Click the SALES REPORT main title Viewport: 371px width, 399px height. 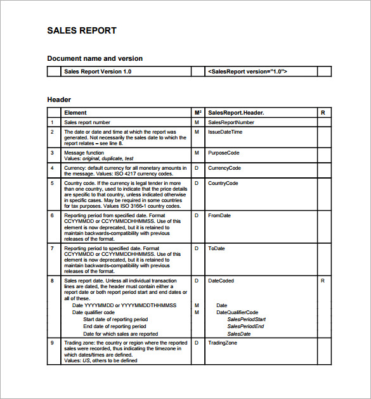[x=82, y=30]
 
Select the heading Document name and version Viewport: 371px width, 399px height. [x=94, y=58]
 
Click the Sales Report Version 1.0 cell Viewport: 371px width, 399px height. [x=98, y=72]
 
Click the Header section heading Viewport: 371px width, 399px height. [x=59, y=99]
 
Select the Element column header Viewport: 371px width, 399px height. [x=75, y=113]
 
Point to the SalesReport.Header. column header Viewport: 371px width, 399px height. [x=236, y=113]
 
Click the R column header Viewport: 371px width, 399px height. [x=323, y=113]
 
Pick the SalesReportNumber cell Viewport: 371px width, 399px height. [x=231, y=122]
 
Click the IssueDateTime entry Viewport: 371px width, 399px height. [x=225, y=132]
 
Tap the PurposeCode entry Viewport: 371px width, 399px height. [x=223, y=153]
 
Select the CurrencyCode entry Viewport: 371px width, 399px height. [x=225, y=168]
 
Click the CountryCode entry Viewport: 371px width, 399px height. [x=223, y=183]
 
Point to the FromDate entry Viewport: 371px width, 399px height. [x=219, y=215]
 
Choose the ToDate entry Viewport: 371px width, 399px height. [x=216, y=248]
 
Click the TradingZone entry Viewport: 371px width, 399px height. [x=222, y=343]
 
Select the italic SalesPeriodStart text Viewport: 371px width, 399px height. [x=246, y=320]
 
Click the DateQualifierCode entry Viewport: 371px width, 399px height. [x=237, y=312]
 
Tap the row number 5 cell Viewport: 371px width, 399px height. [x=52, y=183]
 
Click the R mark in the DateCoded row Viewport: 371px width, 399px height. [x=323, y=280]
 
